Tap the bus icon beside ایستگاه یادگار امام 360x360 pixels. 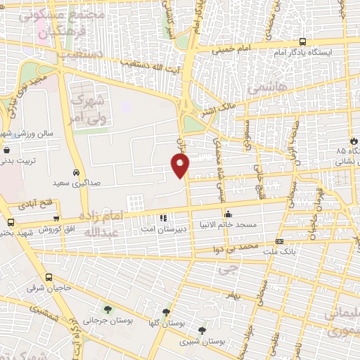(302, 41)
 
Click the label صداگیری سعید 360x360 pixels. (77, 182)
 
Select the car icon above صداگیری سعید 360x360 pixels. (76, 172)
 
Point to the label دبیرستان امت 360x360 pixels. (162, 229)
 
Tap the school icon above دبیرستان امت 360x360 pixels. (164, 218)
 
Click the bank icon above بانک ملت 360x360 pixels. (280, 241)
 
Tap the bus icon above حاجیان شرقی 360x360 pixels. (49, 277)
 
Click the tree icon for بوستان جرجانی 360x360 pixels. (108, 309)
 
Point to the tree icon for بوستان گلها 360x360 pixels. (166, 312)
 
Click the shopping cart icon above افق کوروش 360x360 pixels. (56, 219)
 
